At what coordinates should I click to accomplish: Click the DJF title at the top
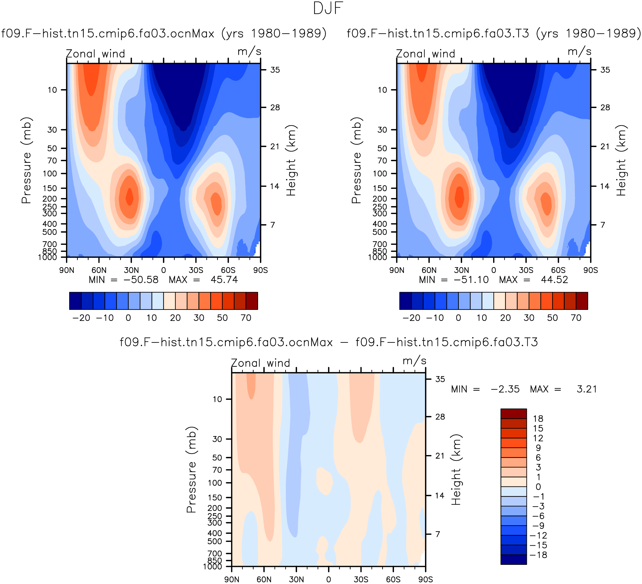point(328,9)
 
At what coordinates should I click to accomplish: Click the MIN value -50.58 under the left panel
point(141,280)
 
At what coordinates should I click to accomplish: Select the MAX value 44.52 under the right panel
point(554,280)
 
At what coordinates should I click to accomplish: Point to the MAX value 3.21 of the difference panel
point(586,389)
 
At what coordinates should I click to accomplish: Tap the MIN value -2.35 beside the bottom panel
point(505,389)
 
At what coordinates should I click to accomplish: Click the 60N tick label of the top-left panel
point(99,270)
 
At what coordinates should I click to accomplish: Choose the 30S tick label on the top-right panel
point(526,270)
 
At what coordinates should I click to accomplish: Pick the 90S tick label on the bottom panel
point(425,580)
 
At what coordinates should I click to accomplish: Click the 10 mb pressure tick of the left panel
point(53,90)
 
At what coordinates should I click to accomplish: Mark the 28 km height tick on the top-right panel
point(605,107)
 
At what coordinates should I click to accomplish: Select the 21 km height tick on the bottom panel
point(440,456)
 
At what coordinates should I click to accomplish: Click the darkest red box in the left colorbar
point(252,301)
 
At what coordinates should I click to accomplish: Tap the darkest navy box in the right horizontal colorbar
point(405,301)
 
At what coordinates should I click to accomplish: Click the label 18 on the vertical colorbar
point(538,418)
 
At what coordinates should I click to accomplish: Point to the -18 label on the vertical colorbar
point(538,555)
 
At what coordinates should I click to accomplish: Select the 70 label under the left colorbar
point(246,318)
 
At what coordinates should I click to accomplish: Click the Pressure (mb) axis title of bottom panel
point(191,470)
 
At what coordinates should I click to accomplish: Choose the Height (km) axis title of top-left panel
point(291,160)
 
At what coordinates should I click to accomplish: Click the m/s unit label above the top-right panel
point(579,51)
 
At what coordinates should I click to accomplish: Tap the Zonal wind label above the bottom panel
point(261,363)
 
